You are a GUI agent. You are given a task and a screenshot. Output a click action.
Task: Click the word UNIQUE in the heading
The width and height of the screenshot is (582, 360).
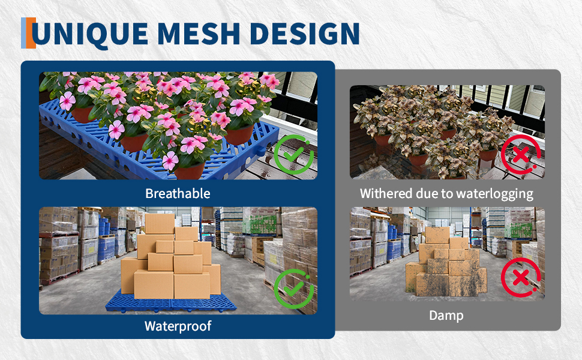pos(89,34)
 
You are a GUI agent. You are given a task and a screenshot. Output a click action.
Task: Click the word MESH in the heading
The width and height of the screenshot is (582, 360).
pos(199,34)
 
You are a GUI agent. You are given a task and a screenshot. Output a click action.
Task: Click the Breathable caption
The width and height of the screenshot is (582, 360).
pos(178,193)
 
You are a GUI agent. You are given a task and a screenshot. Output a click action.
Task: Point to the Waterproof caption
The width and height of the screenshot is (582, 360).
pos(178,326)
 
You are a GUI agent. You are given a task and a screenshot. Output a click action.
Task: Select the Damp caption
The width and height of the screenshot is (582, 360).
pos(446,316)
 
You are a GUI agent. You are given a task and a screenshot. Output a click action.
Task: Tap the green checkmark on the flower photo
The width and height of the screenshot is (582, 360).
pos(293,154)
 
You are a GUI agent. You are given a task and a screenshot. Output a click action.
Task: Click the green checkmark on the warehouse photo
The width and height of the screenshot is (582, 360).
pos(293,289)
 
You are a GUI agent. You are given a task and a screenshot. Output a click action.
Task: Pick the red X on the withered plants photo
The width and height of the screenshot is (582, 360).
pos(521,154)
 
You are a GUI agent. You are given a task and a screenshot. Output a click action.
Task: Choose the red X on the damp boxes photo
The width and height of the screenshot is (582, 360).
pos(521,277)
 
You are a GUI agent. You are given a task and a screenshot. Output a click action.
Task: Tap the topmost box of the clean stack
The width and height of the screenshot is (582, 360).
pos(160,223)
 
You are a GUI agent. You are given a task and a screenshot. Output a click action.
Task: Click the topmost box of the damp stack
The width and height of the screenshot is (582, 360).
pos(437,235)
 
